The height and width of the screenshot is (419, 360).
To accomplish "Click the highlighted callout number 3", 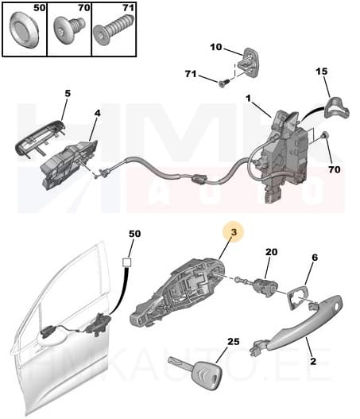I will pos(234,232).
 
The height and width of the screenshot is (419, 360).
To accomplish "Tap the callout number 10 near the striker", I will pos(216,47).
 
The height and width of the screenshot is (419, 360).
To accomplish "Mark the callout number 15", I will pos(322,72).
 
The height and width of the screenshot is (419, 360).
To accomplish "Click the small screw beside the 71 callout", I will pos(225,80).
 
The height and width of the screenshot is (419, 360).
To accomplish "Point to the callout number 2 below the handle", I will pos(313,362).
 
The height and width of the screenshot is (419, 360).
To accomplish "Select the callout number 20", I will pos(271,252).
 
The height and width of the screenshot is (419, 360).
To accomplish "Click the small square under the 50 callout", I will pos(128,262).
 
